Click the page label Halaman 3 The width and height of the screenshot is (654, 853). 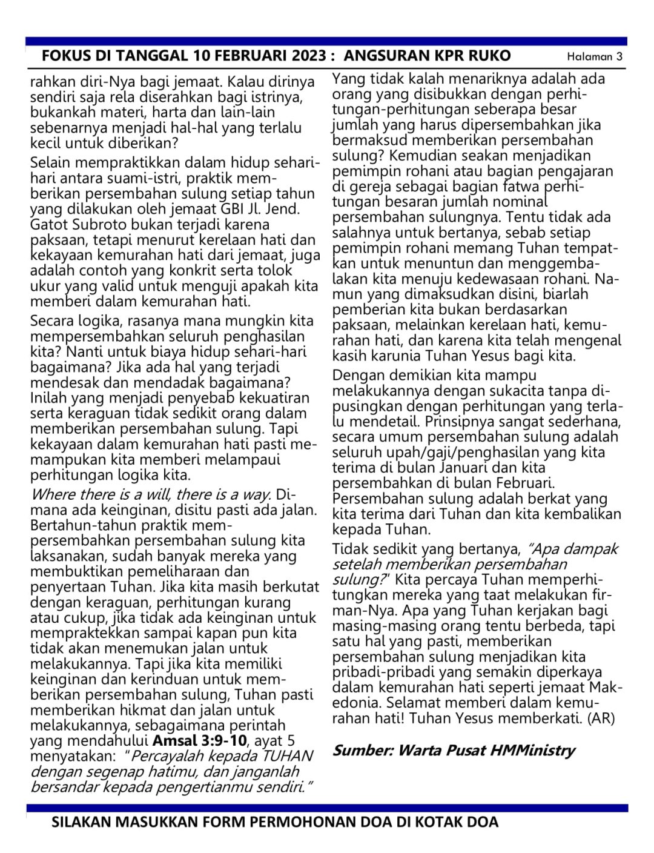point(594,57)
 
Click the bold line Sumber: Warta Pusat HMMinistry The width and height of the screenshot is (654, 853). point(453,750)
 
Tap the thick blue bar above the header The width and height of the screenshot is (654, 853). point(327,41)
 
